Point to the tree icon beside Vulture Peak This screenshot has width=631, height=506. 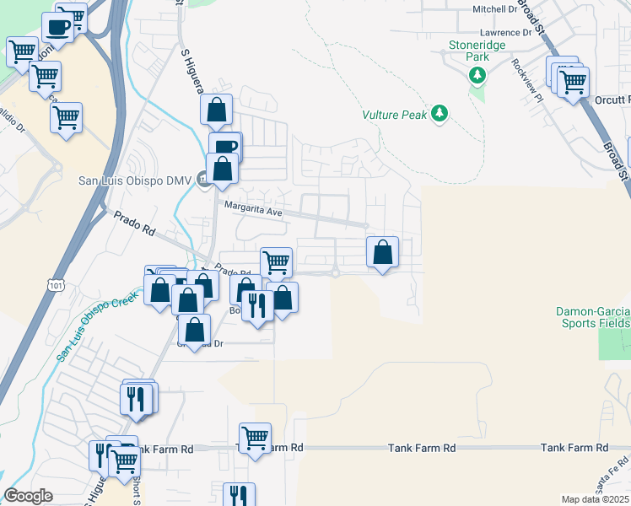(x=439, y=113)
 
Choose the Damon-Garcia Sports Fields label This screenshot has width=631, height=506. (x=593, y=317)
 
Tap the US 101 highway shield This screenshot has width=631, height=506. (x=55, y=286)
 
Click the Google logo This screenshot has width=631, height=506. (x=29, y=496)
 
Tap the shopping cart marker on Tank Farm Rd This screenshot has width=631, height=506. (x=255, y=437)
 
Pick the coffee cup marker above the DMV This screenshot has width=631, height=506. (x=225, y=147)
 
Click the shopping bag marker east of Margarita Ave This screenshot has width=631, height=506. (x=383, y=251)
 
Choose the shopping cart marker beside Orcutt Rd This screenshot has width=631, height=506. (x=573, y=83)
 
